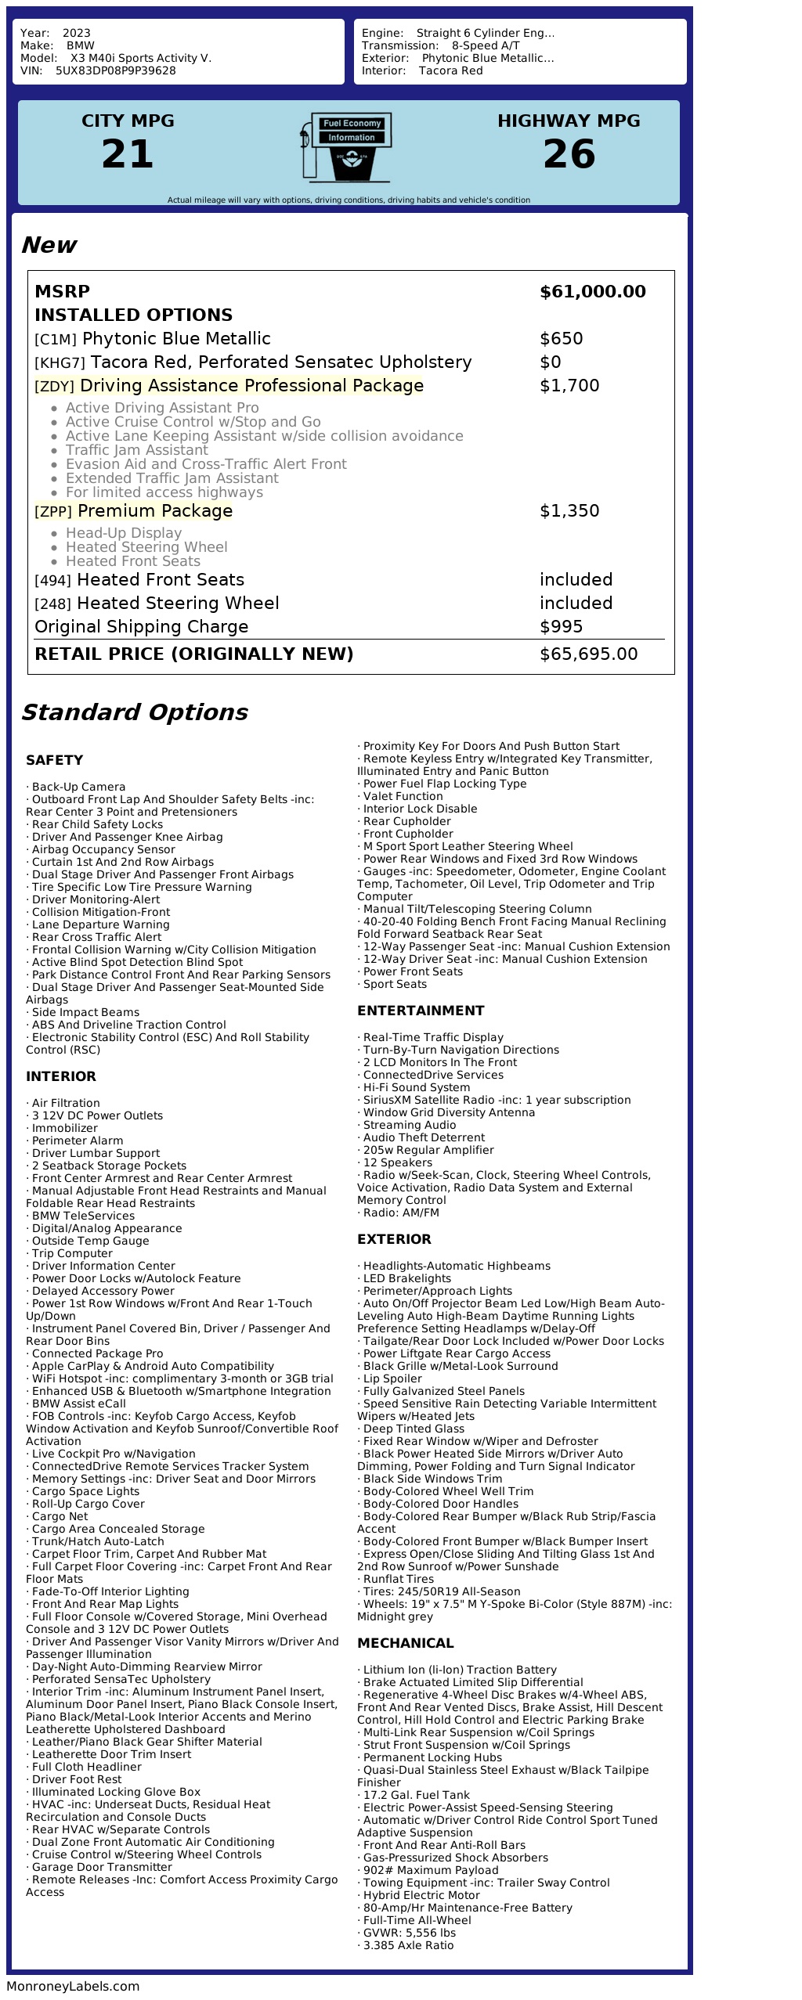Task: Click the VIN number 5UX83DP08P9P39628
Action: [x=115, y=70]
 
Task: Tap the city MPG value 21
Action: [x=128, y=153]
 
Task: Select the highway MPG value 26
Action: [x=569, y=153]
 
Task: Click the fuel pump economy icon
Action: [x=345, y=147]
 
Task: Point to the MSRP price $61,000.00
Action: [x=592, y=292]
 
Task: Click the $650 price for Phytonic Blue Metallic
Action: [x=561, y=339]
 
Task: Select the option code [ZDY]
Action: [x=54, y=387]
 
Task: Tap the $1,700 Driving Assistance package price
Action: [x=569, y=386]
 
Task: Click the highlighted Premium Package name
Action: [x=155, y=511]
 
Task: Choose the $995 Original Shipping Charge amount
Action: [x=561, y=627]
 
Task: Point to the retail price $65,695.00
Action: [x=588, y=654]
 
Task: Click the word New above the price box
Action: [x=49, y=245]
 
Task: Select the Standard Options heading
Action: [x=134, y=712]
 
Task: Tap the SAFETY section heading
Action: [x=54, y=760]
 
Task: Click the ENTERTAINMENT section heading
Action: [x=421, y=1011]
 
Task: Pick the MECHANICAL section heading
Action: [x=405, y=1643]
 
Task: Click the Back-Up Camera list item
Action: [x=78, y=787]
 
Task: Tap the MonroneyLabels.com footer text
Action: [x=73, y=1986]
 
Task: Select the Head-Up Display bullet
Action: [x=124, y=533]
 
